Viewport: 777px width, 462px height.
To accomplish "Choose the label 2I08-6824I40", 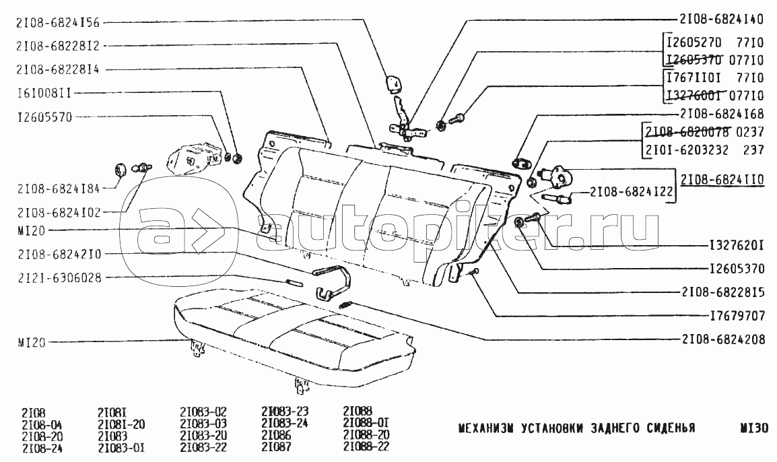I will [x=721, y=20].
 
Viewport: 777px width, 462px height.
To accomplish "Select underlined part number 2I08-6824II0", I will [x=722, y=180].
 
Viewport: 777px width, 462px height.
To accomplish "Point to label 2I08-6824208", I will [x=722, y=340].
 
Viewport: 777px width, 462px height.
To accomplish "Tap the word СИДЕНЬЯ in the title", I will [x=667, y=428].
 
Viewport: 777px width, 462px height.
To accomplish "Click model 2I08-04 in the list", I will [x=42, y=423].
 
